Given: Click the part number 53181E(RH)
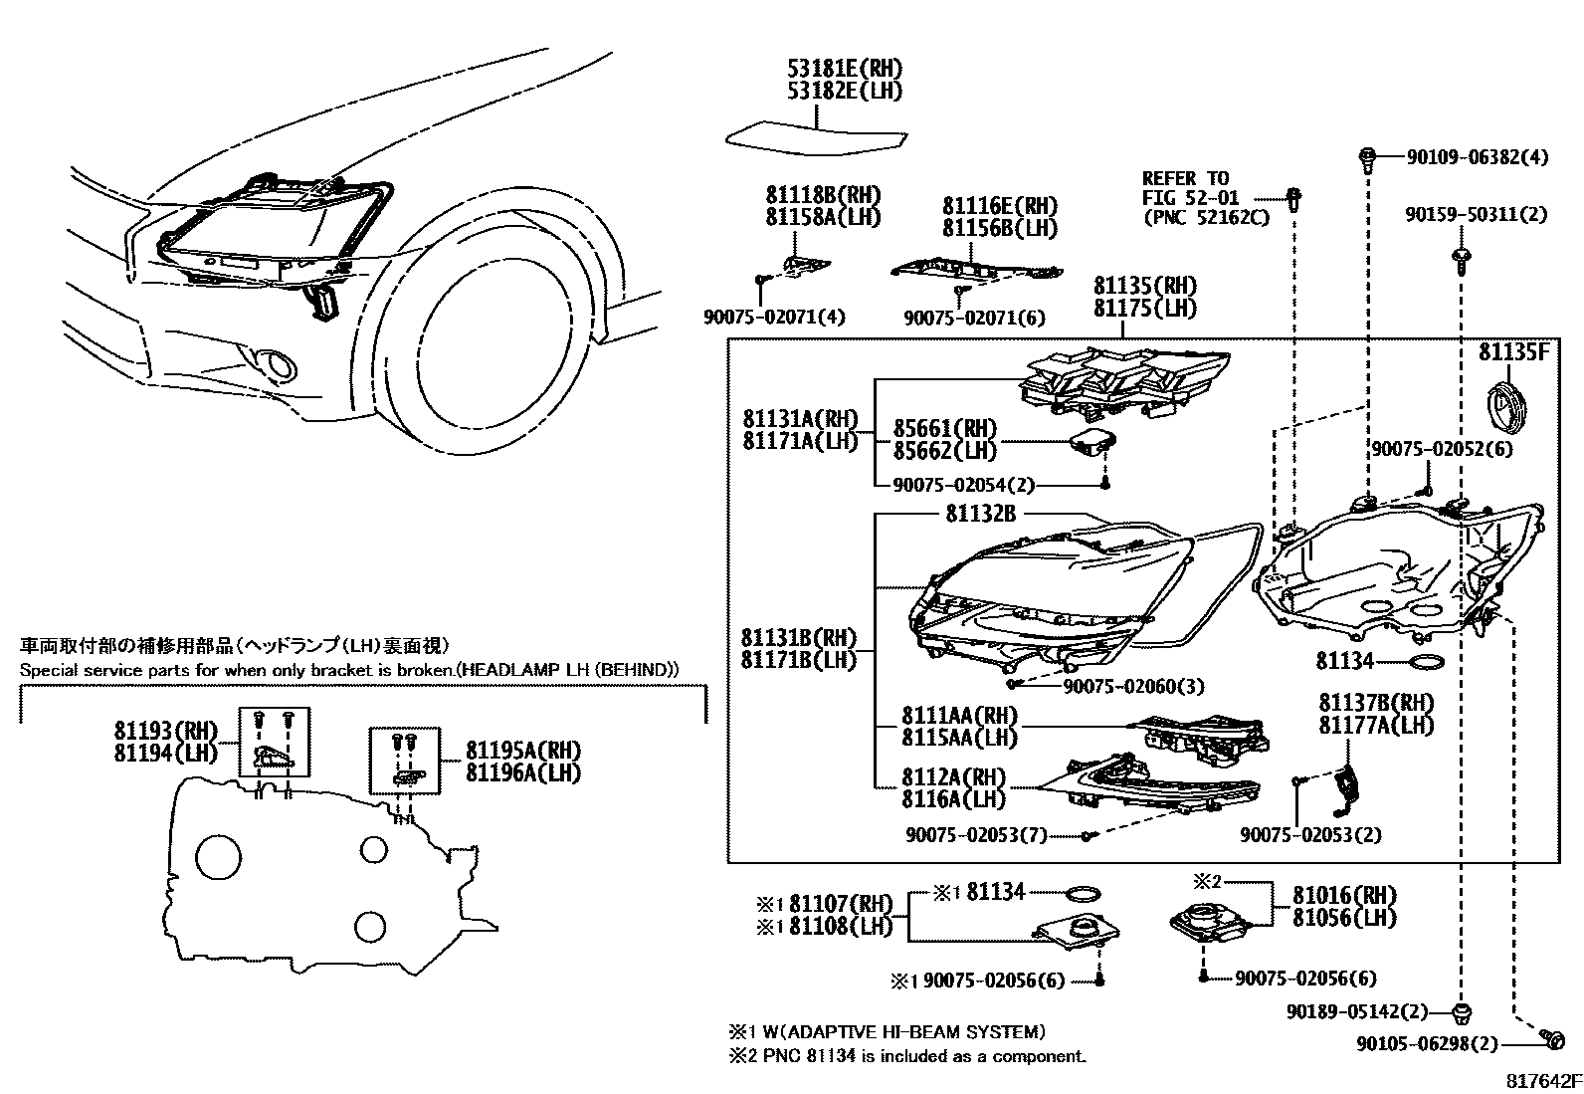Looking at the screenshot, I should pos(845,69).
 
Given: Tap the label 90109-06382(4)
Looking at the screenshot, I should pos(1478,157).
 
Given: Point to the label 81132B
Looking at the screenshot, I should pos(980,514).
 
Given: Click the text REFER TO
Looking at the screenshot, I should pos(1185,178).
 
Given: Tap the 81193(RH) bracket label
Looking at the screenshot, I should pos(165,732).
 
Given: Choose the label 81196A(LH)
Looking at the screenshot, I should pos(522,772).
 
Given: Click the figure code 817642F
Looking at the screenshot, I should pos(1541,1080).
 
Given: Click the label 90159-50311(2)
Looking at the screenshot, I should pos(1476,214).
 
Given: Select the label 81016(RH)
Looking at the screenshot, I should pos(1344,895).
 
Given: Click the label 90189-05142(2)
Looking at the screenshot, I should pos(1356,1012).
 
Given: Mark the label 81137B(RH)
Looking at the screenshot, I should pos(1376,704).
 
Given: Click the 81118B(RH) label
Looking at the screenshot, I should pos(823,195).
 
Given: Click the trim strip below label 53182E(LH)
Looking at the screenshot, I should pos(815,137).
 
